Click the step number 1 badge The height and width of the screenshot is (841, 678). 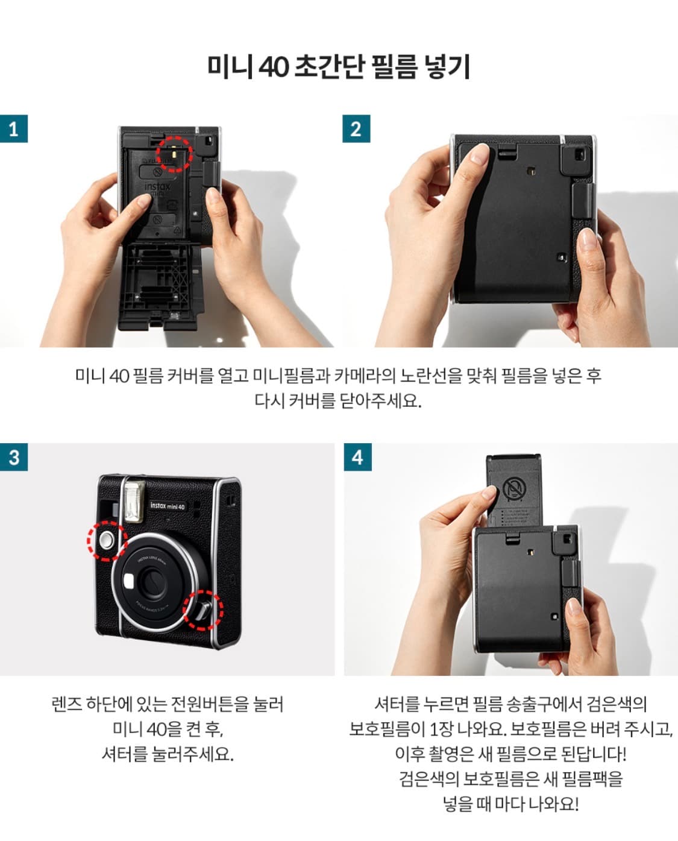pos(14,129)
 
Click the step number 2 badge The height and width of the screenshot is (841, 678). pos(356,129)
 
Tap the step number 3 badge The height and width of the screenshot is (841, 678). pos(14,457)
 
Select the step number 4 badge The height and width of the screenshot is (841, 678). pos(357,457)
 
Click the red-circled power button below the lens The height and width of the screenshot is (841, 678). pos(203,609)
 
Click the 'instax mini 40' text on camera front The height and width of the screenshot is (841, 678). pos(168,506)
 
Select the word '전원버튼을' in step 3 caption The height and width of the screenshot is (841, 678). pos(210,704)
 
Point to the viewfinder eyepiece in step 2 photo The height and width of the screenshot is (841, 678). pos(577,156)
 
